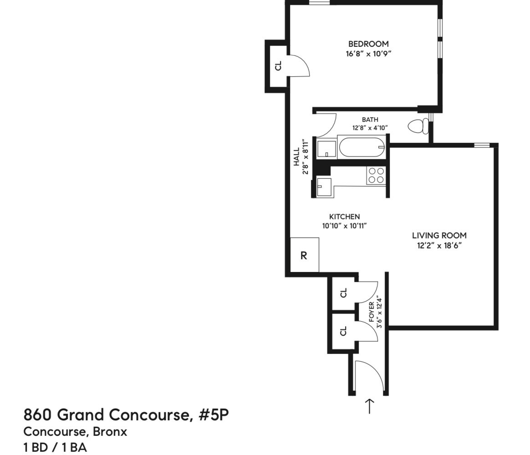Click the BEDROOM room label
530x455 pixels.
[x=368, y=44]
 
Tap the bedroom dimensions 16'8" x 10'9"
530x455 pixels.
[x=368, y=54]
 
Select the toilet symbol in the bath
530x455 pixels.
[x=418, y=126]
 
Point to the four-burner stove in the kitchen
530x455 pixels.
[x=376, y=176]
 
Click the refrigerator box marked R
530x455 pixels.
[x=304, y=255]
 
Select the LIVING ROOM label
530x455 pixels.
[x=439, y=236]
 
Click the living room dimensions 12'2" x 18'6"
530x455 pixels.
[x=439, y=246]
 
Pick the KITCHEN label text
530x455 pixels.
[x=344, y=217]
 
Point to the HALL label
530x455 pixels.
[x=297, y=156]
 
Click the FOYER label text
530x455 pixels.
[x=372, y=312]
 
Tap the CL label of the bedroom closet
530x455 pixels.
[x=279, y=66]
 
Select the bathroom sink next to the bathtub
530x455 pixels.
[x=326, y=149]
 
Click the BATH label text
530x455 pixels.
[x=370, y=120]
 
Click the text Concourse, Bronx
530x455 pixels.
[x=75, y=431]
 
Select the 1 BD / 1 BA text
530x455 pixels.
[x=55, y=447]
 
